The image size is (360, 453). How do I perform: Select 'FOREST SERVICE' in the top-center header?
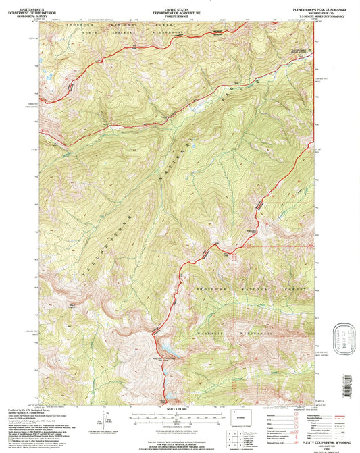coord(179,11)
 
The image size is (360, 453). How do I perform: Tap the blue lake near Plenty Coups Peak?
coord(164,350)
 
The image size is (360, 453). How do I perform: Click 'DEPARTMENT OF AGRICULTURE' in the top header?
coord(179,8)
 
